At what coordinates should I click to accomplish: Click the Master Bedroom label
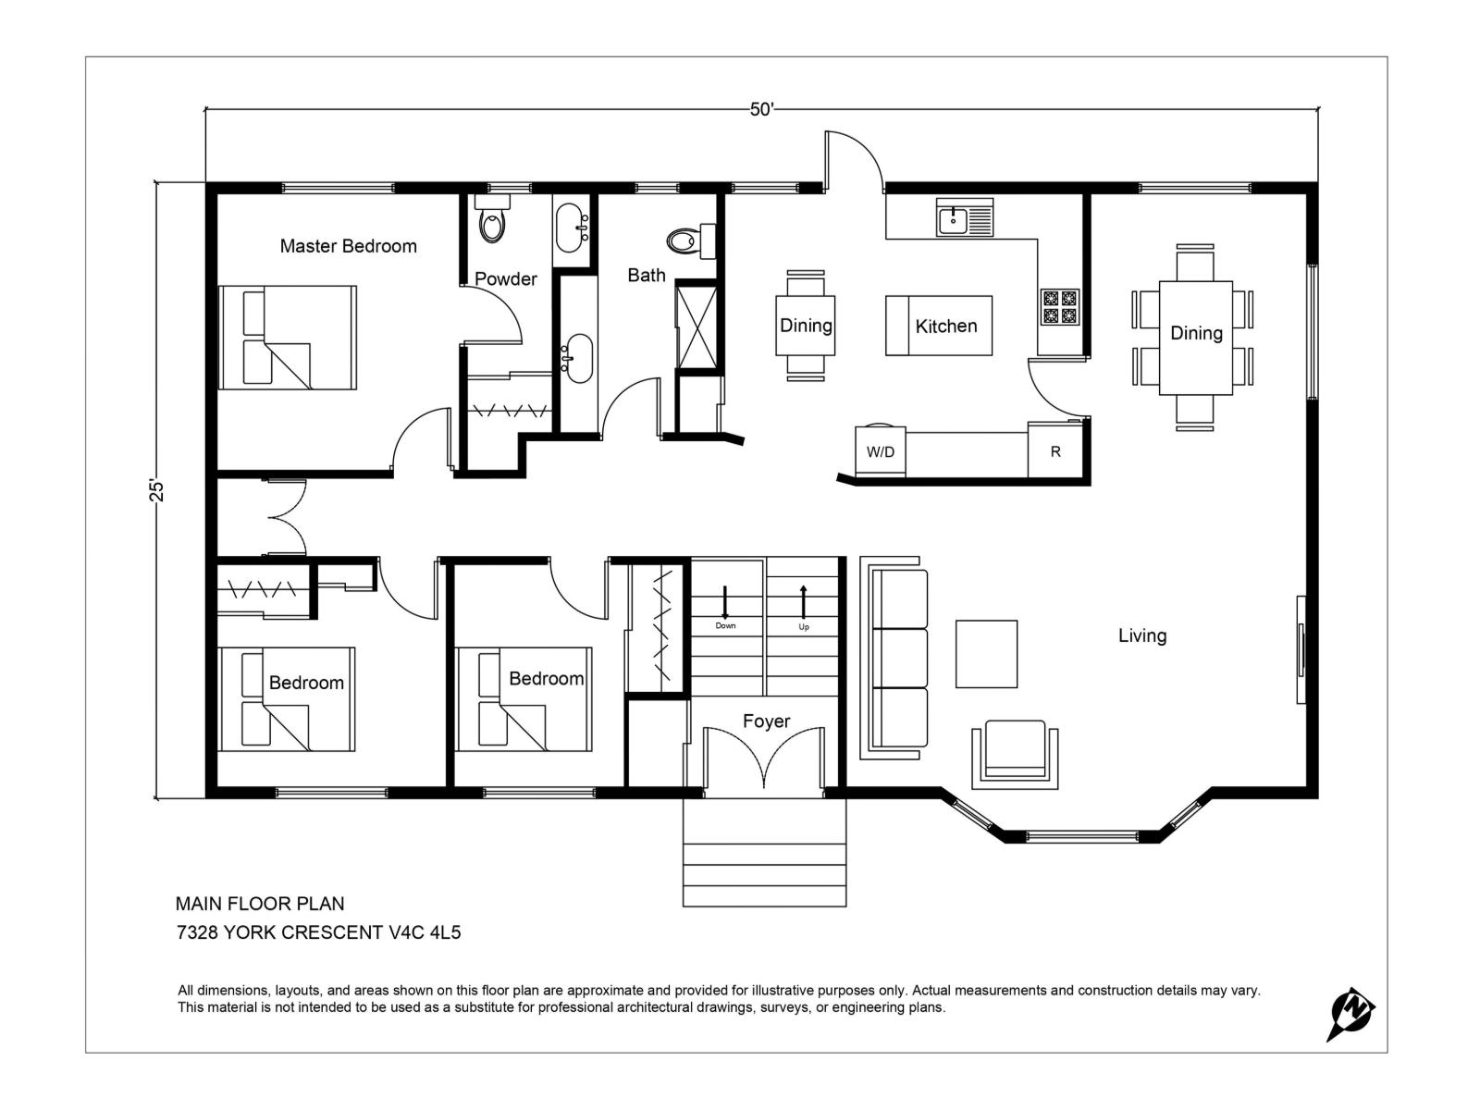coord(348,246)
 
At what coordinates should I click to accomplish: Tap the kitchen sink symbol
coord(964,217)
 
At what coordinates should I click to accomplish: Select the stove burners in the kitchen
coord(1059,307)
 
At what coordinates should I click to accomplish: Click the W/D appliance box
coord(880,450)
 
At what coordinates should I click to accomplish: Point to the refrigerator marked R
coord(1055,450)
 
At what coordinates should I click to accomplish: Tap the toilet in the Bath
coord(691,240)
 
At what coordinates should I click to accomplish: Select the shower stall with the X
coord(697,327)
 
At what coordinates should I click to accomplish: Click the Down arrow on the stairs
coord(725,602)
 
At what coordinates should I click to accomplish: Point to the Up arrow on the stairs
coord(803,602)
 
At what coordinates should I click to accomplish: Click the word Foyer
coord(766,721)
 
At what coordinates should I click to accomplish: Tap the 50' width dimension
coord(762,109)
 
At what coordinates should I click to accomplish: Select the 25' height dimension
coord(156,490)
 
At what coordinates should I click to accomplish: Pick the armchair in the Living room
coord(1015,754)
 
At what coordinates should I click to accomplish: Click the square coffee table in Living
coord(986,654)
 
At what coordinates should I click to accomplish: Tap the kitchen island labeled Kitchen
coord(939,326)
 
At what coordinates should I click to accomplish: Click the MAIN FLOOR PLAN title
coord(260,904)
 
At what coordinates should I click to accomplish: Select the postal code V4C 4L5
coord(425,932)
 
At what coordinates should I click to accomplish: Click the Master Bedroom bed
coord(288,337)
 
